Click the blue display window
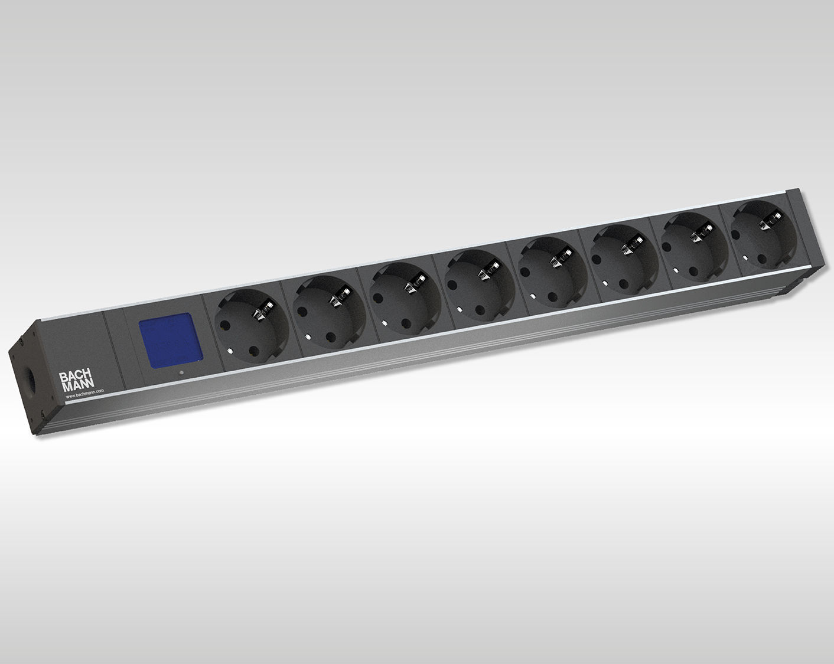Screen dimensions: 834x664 click(170, 340)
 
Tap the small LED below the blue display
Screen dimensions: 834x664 click(181, 374)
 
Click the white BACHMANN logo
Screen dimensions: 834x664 click(76, 381)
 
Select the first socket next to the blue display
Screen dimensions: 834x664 click(251, 325)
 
